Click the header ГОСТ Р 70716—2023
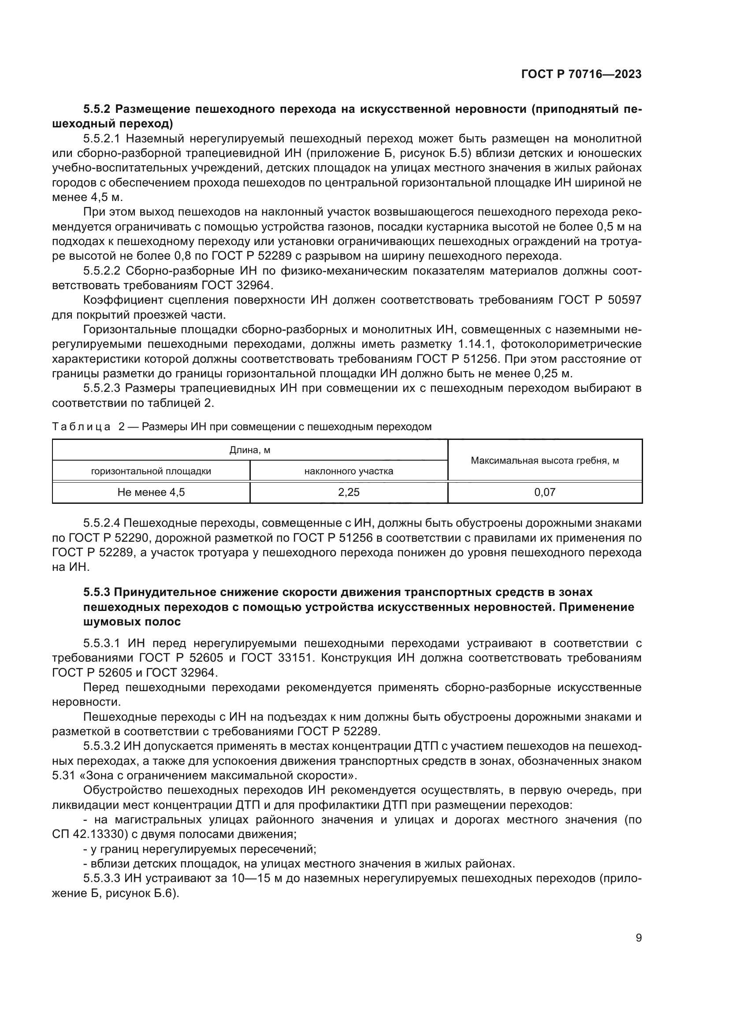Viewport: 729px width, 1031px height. [x=581, y=74]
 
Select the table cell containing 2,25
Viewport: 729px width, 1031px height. [x=348, y=492]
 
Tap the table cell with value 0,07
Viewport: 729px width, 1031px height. [x=544, y=492]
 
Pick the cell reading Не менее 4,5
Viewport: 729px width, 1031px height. [x=151, y=492]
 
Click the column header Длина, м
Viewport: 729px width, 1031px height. [x=249, y=450]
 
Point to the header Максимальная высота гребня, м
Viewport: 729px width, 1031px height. [x=544, y=460]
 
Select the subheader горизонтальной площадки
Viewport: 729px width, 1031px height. [x=151, y=471]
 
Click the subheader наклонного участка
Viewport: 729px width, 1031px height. [x=348, y=471]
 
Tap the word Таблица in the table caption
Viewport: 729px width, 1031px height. [x=81, y=427]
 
